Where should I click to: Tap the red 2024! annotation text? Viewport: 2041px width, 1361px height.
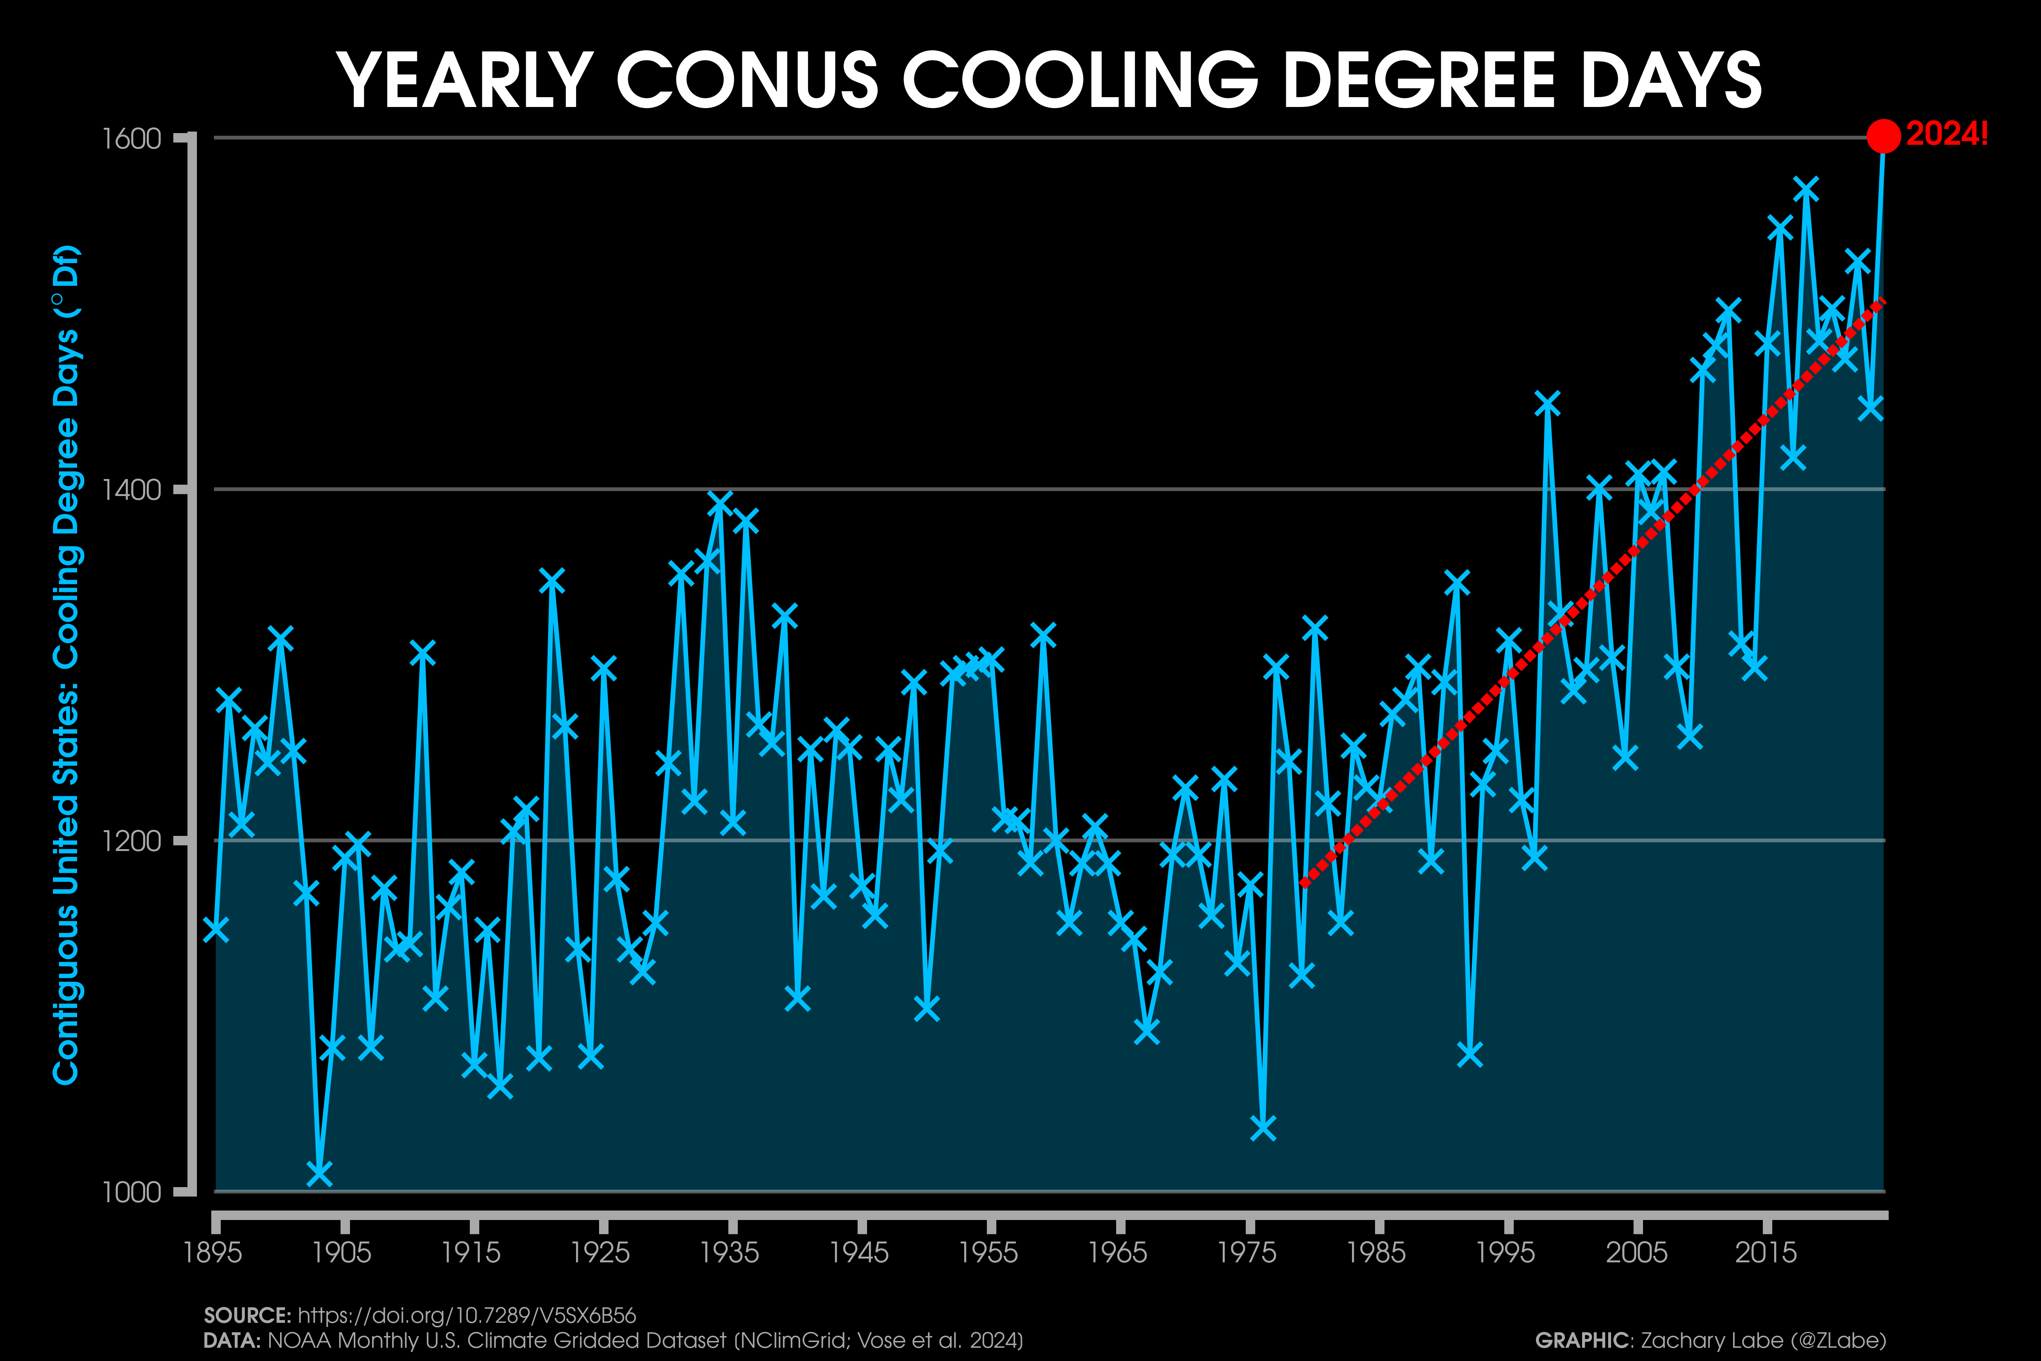(1947, 135)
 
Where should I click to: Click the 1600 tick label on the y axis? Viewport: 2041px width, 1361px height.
(132, 139)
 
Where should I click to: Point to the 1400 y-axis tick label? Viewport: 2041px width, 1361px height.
(132, 490)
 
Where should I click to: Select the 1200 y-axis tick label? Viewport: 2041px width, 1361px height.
(132, 841)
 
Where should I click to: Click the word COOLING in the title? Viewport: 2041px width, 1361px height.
(1080, 80)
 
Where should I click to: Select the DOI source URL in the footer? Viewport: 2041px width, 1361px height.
(467, 1316)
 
